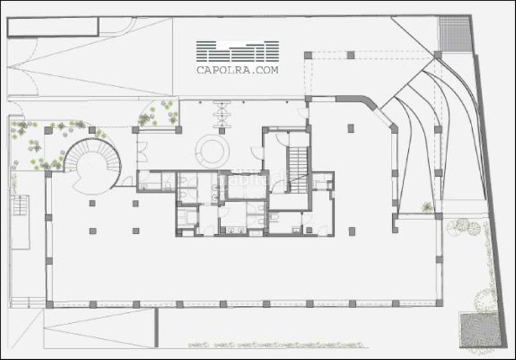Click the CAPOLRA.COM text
(x=237, y=70)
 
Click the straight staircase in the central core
(x=298, y=170)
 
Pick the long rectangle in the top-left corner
(x=53, y=26)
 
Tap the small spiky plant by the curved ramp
(x=426, y=207)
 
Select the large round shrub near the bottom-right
(x=485, y=299)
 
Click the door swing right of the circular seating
(x=257, y=153)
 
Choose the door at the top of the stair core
(x=283, y=138)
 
